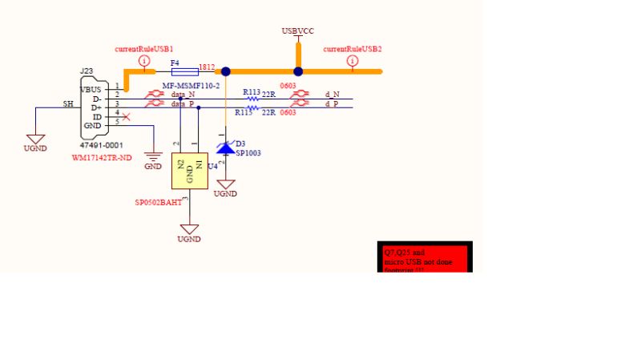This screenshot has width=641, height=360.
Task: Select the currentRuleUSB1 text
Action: (x=144, y=49)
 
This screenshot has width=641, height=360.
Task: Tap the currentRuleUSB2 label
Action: (x=352, y=49)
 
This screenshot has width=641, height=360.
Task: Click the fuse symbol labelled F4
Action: (x=179, y=71)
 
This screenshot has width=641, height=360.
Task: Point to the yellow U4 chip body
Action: (x=189, y=171)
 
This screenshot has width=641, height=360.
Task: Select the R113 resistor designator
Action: (x=252, y=92)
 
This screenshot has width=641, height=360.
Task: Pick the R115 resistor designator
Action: (x=244, y=113)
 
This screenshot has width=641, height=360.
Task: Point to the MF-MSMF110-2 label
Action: (x=191, y=85)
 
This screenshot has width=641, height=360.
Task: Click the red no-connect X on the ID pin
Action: (x=126, y=117)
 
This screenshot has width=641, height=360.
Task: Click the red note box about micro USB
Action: (x=425, y=257)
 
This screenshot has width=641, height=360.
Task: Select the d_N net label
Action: (x=332, y=94)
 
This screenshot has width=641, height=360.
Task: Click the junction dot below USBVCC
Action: (x=298, y=71)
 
